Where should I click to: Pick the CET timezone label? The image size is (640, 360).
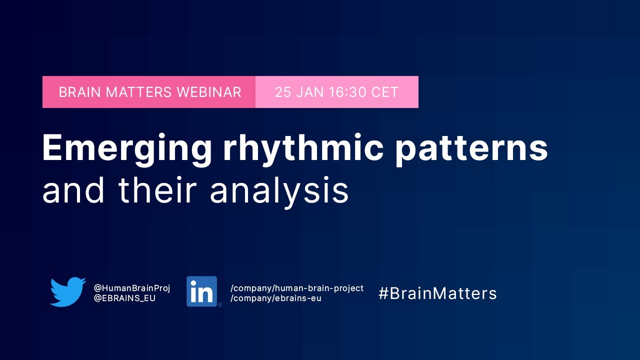[384, 92]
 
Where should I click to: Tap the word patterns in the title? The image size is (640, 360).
[471, 149]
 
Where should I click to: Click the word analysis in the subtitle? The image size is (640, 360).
[279, 190]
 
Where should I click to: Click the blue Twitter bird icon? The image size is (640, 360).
[67, 291]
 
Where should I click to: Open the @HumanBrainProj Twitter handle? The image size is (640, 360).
[132, 288]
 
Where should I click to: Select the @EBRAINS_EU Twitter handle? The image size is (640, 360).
[125, 298]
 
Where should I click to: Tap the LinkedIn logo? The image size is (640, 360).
[202, 291]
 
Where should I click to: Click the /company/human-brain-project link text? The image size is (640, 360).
[297, 288]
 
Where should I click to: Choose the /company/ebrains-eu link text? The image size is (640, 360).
[276, 298]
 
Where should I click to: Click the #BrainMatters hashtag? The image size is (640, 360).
[437, 293]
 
